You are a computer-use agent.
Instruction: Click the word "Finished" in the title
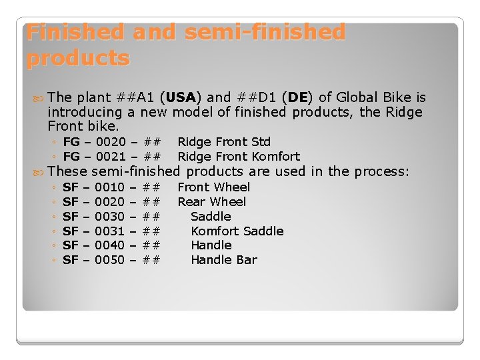coord(77,33)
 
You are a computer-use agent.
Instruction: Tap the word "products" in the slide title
coord(78,59)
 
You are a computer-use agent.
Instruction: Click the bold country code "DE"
coord(298,98)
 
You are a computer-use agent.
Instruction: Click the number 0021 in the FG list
coord(110,157)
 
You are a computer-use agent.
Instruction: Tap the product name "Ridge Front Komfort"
coord(239,157)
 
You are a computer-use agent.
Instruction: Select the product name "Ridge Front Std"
coord(224,142)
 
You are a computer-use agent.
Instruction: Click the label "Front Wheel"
coord(213,187)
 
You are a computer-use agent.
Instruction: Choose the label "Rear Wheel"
coord(211,202)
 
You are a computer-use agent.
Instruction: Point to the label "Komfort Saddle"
coord(237,231)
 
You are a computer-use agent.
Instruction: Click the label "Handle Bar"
coord(223,260)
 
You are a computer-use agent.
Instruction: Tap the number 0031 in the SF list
coord(110,231)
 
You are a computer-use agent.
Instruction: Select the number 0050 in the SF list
coord(110,260)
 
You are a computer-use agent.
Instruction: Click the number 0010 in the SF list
coord(110,187)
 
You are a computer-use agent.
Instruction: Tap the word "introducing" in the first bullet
coord(85,112)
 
